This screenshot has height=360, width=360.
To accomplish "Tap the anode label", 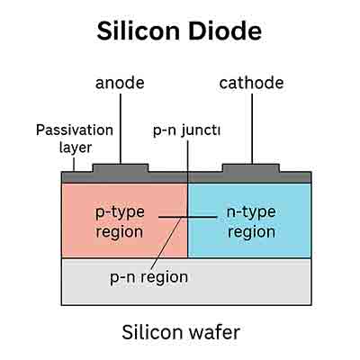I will [120, 84].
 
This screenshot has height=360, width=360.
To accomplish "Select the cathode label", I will [251, 84].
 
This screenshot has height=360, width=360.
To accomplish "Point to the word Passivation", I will [74, 130].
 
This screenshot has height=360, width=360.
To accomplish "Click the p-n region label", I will [149, 276].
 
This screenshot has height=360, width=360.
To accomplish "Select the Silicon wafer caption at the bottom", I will [180, 333].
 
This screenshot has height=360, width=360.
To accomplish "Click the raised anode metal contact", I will [121, 167].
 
